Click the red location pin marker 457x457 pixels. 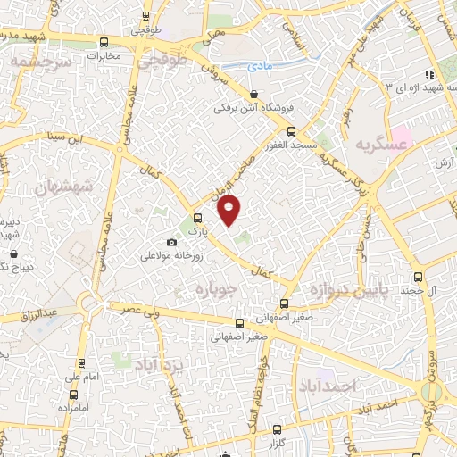230,211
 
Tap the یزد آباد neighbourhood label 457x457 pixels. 159,363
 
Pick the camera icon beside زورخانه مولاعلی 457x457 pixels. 171,242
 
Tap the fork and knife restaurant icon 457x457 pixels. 429,74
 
